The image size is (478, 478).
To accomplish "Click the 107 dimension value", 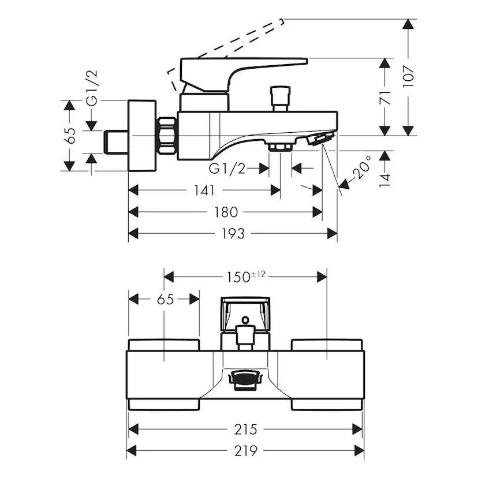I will pyautogui.click(x=409, y=76).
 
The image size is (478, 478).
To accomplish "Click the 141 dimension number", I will pyautogui.click(x=204, y=190).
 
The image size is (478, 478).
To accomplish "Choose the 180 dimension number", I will pyautogui.click(x=225, y=212).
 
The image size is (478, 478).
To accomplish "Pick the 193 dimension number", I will pyautogui.click(x=233, y=233).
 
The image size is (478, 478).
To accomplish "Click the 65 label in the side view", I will pyautogui.click(x=70, y=135).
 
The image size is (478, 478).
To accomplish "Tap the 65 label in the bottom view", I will pyautogui.click(x=165, y=299).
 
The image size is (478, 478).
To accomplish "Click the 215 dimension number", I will pyautogui.click(x=245, y=430).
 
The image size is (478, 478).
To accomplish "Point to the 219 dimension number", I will pyautogui.click(x=245, y=451).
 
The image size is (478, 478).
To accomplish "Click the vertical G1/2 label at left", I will pyautogui.click(x=92, y=88).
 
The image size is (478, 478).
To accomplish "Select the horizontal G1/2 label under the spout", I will pyautogui.click(x=227, y=169).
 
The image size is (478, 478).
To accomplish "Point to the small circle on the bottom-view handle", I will pyautogui.click(x=246, y=319).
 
